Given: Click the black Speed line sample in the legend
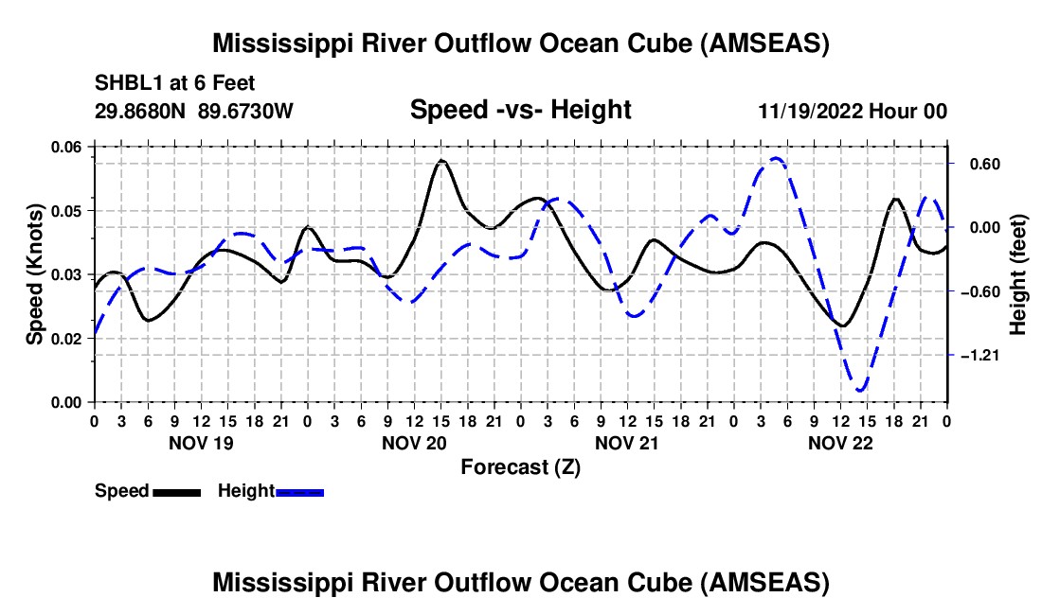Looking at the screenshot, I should pyautogui.click(x=176, y=492).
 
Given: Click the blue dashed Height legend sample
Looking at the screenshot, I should pyautogui.click(x=300, y=492).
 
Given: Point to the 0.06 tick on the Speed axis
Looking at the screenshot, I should pyautogui.click(x=73, y=147).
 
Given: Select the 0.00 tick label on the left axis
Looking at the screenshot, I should pyautogui.click(x=73, y=403).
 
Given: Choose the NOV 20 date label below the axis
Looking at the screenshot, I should pyautogui.click(x=414, y=443).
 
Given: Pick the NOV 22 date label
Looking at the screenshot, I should pyautogui.click(x=840, y=443).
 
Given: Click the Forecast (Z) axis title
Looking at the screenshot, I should pyautogui.click(x=520, y=466).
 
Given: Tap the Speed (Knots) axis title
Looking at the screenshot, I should pyautogui.click(x=34, y=274).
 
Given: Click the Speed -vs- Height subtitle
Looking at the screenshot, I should pyautogui.click(x=520, y=110).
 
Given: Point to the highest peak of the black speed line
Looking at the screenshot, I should pyautogui.click(x=441, y=162).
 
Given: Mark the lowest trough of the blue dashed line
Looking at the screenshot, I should pyautogui.click(x=861, y=390).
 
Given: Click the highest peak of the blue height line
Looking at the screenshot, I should pyautogui.click(x=777, y=159).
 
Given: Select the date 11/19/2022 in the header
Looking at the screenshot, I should pyautogui.click(x=807, y=112).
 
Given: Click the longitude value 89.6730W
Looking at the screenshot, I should pyautogui.click(x=246, y=112).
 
